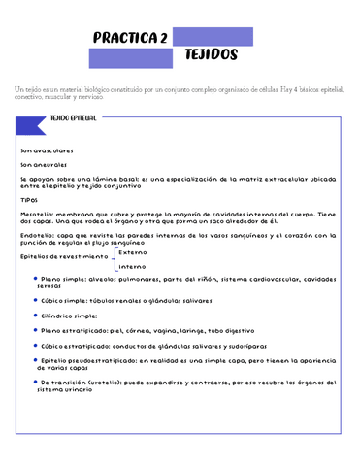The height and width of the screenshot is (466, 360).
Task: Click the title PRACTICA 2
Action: [131, 38]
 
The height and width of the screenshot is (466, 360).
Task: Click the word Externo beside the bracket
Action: [133, 250]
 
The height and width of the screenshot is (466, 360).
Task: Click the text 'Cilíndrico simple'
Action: [69, 316]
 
